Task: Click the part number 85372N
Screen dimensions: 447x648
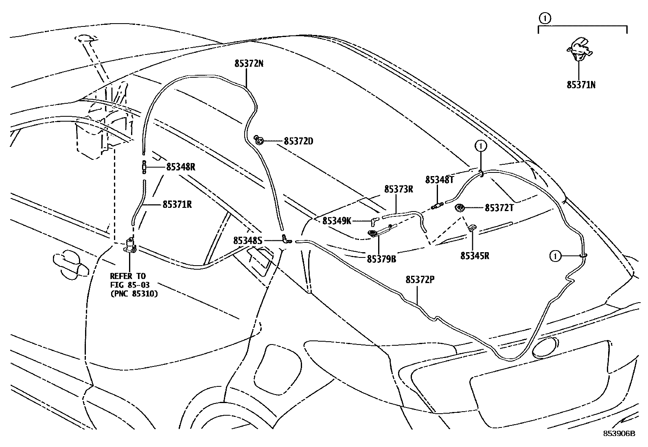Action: coord(249,63)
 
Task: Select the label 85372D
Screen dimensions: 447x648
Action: coord(298,142)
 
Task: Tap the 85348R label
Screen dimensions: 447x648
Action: coord(181,167)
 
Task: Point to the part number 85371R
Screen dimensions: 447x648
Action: coord(177,205)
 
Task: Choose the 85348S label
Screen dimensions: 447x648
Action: coord(247,241)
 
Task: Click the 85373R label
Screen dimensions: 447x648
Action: coord(399,189)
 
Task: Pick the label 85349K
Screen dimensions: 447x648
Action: coord(337,221)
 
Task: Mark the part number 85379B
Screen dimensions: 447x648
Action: coord(381,258)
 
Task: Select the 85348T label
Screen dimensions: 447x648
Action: coord(440,180)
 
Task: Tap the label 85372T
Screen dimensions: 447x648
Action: coord(499,208)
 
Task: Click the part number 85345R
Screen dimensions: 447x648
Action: coord(475,256)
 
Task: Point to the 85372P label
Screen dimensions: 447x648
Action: coord(420,280)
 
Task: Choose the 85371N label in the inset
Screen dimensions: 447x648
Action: coord(581,85)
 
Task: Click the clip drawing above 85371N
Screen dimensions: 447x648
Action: coord(579,49)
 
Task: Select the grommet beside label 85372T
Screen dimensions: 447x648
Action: coord(461,208)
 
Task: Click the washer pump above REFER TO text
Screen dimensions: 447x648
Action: coord(130,245)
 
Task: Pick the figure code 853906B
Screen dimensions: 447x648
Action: coord(619,434)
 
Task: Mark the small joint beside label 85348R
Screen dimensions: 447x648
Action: coord(144,167)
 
